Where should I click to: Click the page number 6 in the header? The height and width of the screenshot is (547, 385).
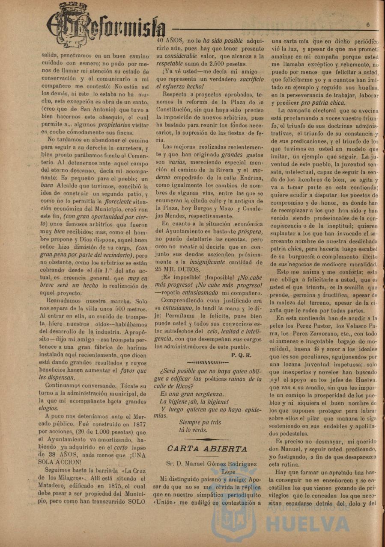[368, 25]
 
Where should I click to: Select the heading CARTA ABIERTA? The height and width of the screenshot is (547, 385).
[207, 449]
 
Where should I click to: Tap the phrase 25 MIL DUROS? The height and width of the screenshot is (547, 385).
[178, 270]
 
